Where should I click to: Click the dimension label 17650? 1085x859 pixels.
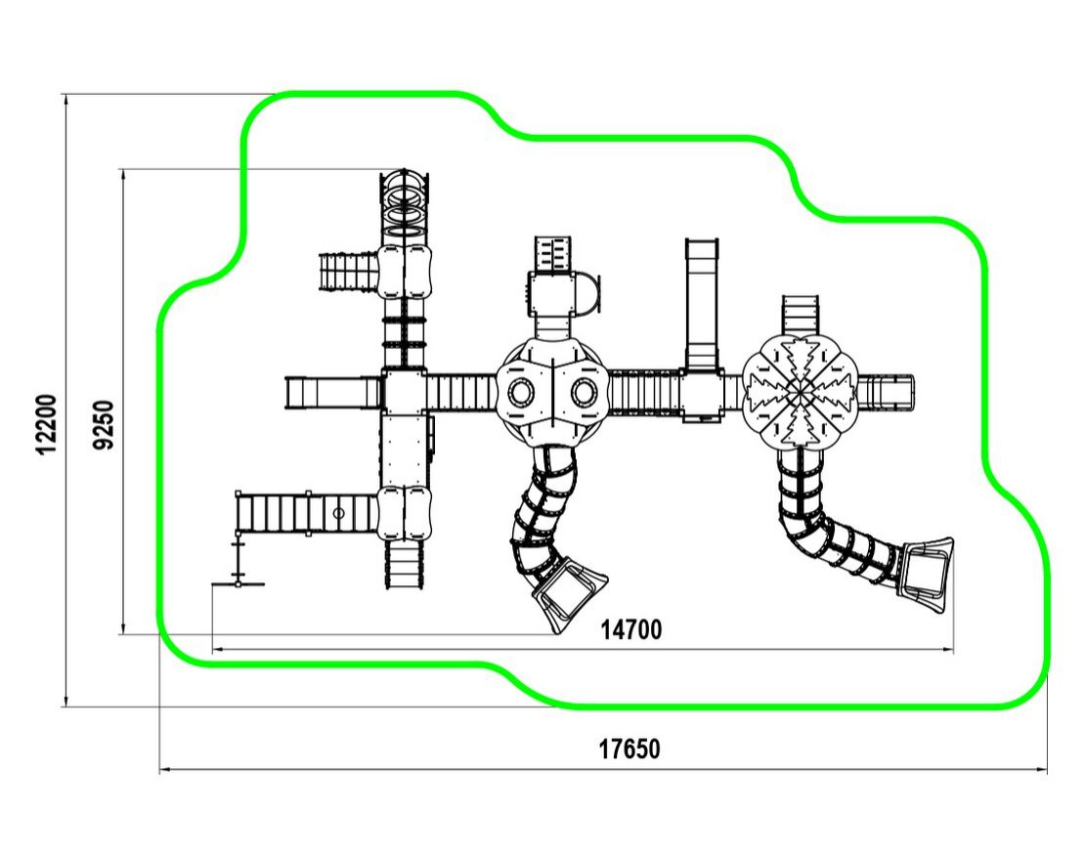(629, 750)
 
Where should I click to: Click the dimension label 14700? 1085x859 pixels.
(630, 630)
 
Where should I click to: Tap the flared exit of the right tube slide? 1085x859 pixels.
(926, 571)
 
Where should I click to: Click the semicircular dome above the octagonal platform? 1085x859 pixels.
(587, 294)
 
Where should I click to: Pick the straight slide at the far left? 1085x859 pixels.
(332, 393)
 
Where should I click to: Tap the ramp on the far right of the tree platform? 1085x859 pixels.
(886, 392)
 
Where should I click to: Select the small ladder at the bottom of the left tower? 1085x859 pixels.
(405, 564)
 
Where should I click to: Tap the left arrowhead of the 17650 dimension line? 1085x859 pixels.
(163, 770)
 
